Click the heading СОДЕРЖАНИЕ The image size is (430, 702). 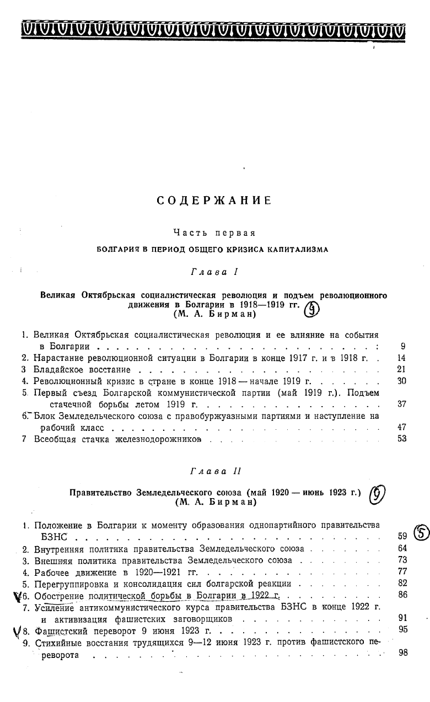[x=214, y=201]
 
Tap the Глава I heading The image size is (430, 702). [x=213, y=272]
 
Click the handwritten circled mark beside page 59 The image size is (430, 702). [x=421, y=533]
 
